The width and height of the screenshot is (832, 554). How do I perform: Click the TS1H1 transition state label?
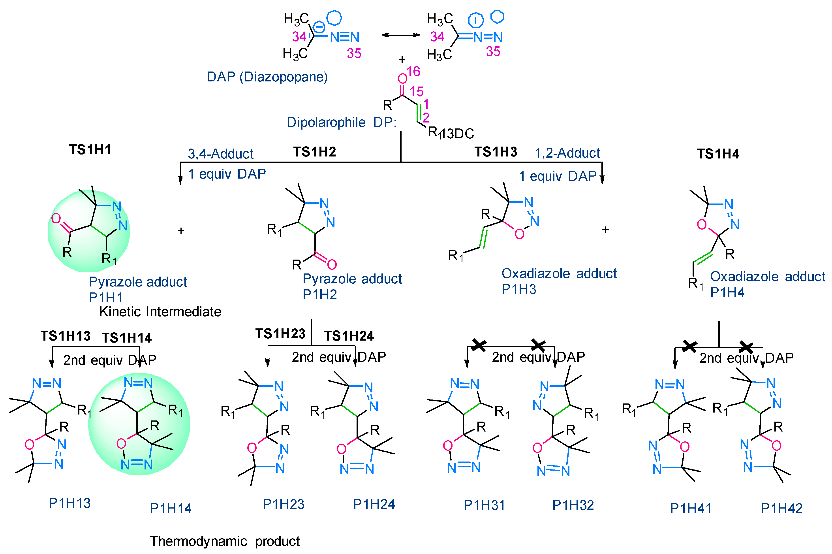90,150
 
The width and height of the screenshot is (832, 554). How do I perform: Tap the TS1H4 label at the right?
717,154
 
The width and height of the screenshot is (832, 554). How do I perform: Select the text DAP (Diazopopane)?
267,77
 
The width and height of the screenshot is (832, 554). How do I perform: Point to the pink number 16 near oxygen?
413,72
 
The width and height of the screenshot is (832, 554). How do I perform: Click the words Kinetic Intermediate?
160,312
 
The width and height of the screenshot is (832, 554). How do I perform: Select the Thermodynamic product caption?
225,541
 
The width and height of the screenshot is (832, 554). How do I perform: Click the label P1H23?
283,504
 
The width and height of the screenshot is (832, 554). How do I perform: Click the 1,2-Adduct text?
567,153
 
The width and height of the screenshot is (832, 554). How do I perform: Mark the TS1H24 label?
349,336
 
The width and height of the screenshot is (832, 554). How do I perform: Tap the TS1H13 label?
65,336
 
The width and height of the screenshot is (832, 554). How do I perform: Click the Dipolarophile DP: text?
342,122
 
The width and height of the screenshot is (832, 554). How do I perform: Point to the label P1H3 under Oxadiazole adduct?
519,289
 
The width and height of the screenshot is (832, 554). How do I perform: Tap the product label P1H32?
573,505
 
